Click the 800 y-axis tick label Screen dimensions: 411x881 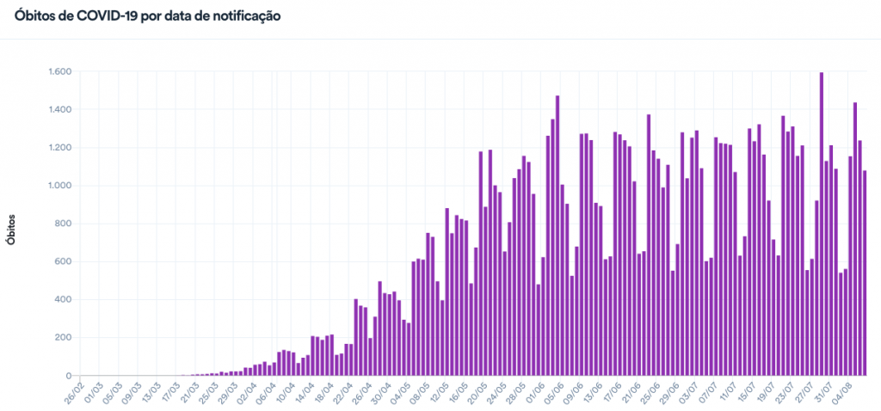pos(62,224)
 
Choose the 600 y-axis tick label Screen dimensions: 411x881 pos(62,261)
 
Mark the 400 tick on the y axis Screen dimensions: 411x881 pos(62,299)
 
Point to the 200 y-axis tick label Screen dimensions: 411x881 pos(62,337)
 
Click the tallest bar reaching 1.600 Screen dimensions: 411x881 pos(822,224)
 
